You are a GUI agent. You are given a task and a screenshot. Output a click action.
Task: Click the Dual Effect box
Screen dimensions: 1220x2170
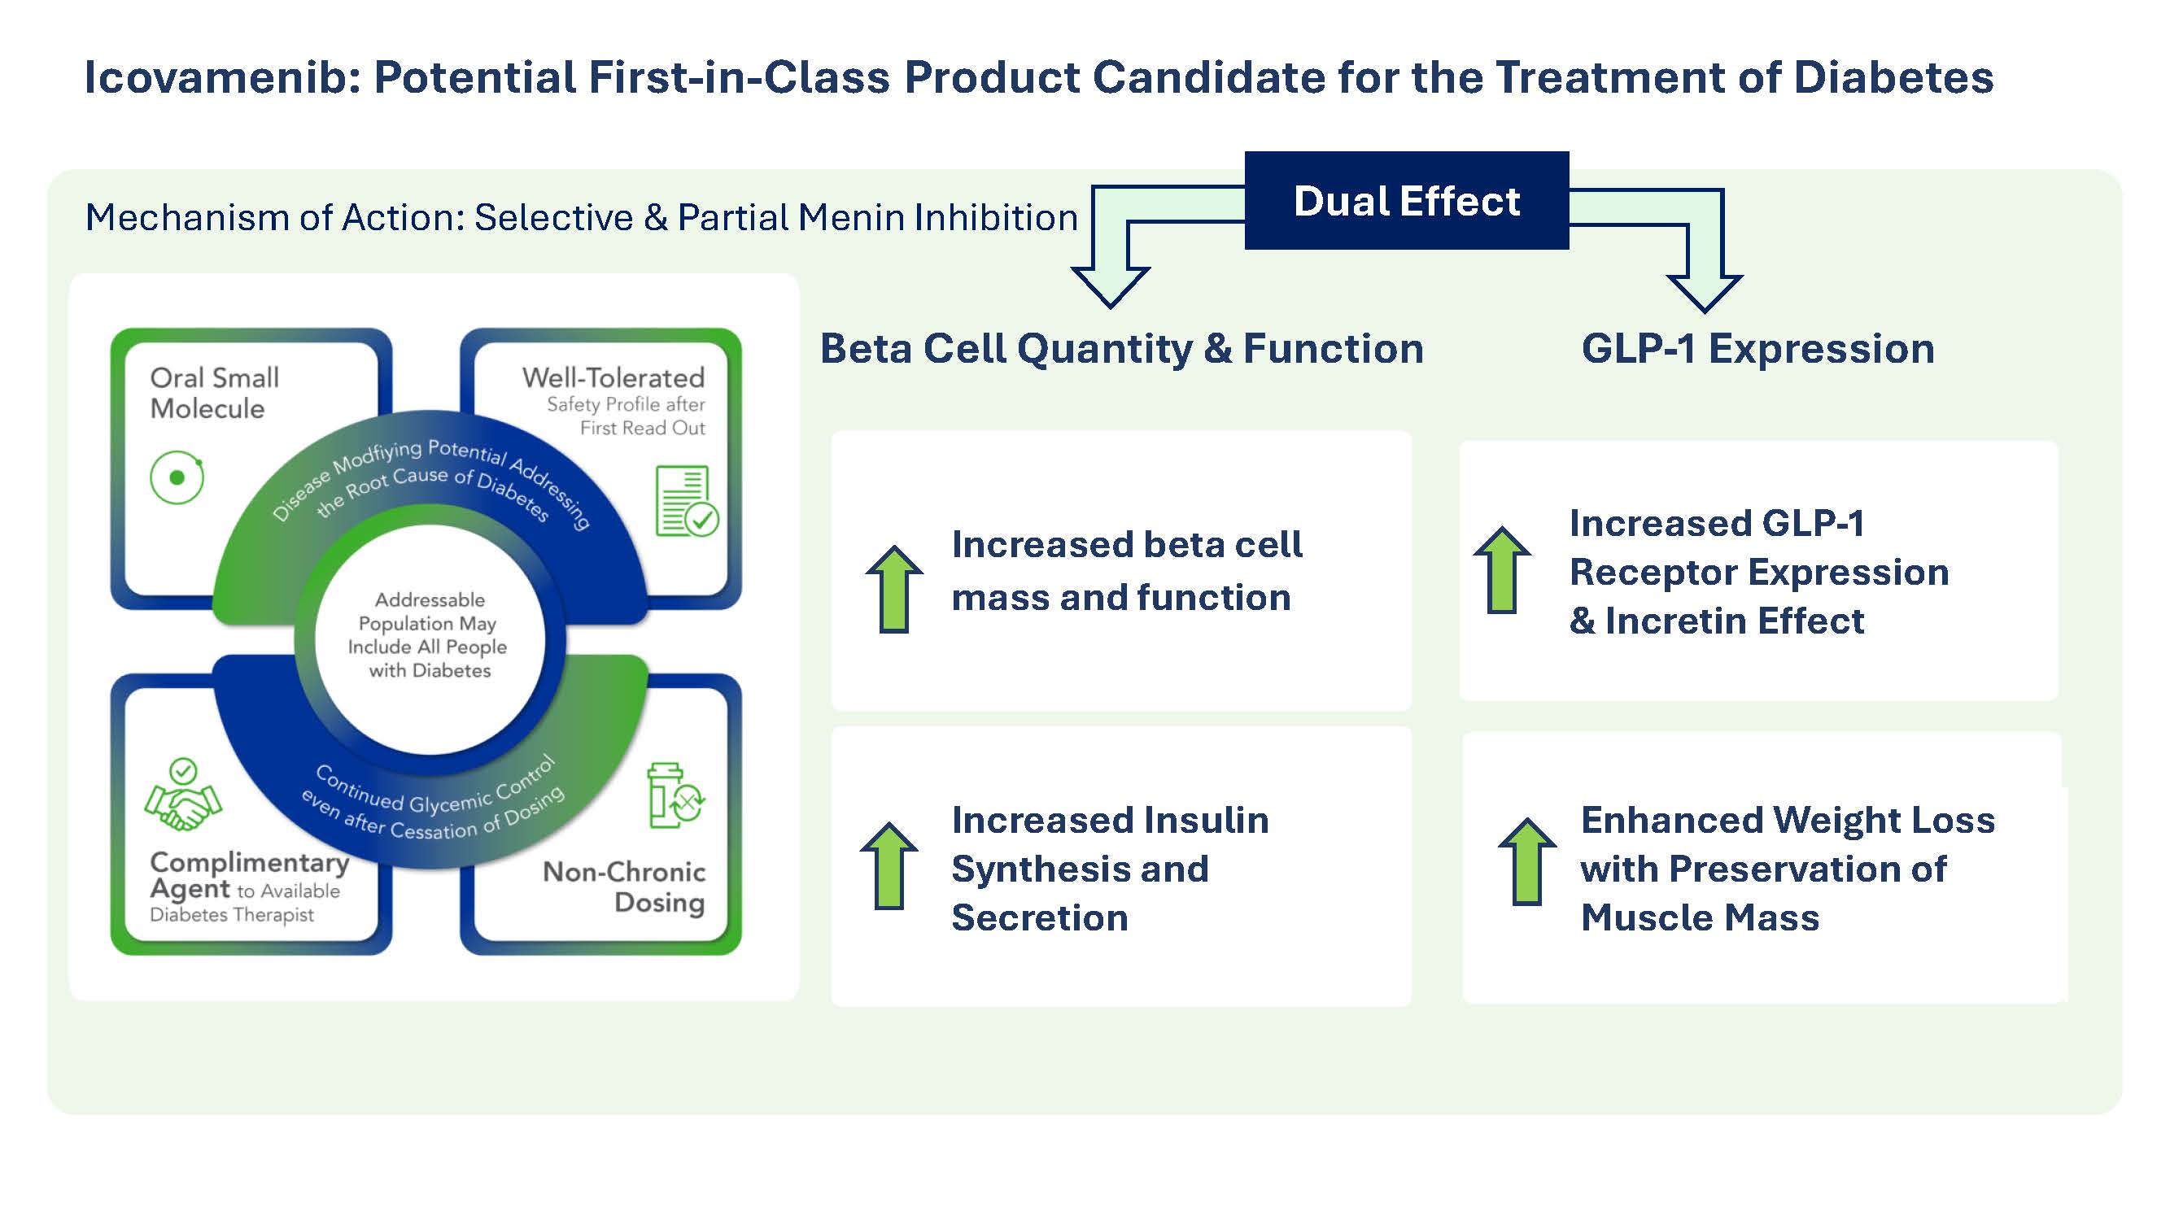coord(1406,201)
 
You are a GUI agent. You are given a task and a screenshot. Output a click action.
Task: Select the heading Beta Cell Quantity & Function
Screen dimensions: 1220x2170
coord(1121,349)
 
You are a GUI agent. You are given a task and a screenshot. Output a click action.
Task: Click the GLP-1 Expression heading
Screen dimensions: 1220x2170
coord(1757,349)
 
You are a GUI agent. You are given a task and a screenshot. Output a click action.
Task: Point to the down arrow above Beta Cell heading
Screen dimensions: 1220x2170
coord(1111,282)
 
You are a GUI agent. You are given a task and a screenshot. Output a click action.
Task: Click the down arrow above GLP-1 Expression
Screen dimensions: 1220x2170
coord(1704,286)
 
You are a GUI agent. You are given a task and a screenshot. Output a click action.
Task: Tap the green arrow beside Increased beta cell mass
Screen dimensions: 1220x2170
coord(893,589)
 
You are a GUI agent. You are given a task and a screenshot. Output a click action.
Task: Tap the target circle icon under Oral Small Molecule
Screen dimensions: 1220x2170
coord(177,478)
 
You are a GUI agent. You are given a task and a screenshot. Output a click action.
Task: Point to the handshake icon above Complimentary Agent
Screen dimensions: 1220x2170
coord(183,795)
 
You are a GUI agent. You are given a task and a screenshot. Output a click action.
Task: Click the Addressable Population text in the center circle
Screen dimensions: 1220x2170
coord(430,635)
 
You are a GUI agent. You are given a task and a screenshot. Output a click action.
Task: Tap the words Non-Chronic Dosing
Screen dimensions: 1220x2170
coord(624,887)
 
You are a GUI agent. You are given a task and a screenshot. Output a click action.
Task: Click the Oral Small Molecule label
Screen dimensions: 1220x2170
coord(214,392)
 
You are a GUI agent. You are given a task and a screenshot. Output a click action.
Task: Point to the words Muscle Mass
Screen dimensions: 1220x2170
coord(1699,917)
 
